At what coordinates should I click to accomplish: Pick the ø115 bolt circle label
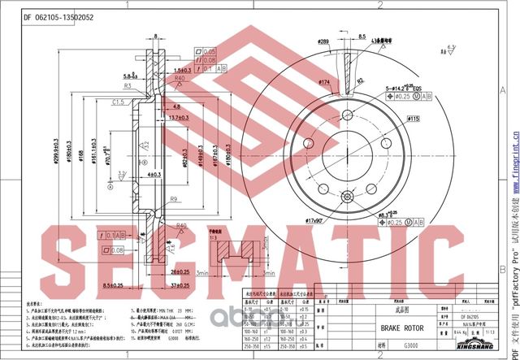coord(412,119)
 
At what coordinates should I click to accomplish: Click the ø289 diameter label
coord(323,41)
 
